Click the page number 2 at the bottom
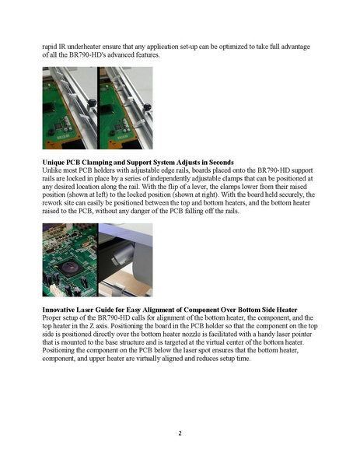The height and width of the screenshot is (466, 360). point(180,433)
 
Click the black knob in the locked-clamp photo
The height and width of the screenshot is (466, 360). point(147,107)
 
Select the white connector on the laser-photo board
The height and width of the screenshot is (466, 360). point(55,289)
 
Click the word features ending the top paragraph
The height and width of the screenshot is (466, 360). point(148,55)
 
